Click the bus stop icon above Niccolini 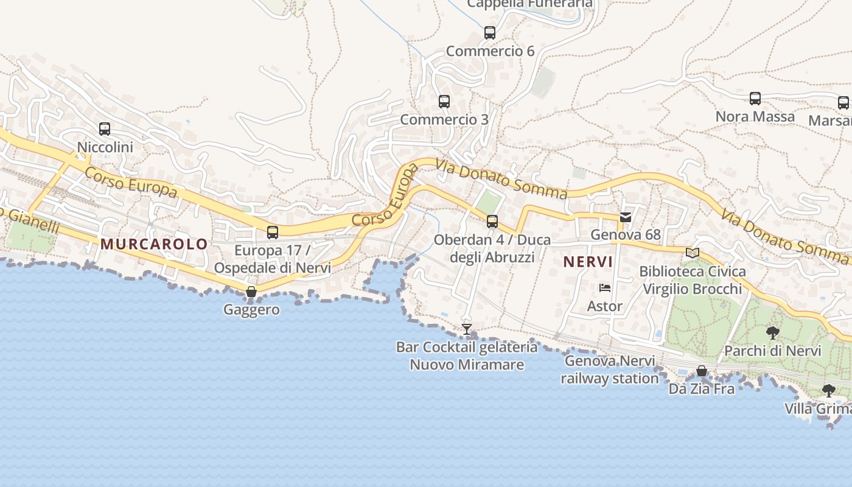click(x=105, y=129)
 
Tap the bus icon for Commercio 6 click(x=490, y=33)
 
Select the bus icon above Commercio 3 click(x=444, y=102)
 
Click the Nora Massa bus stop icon click(x=755, y=99)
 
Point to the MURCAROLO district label click(x=154, y=244)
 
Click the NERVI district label click(x=587, y=262)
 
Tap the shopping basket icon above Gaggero click(x=251, y=292)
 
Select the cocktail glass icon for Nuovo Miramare click(x=467, y=329)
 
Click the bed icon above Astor click(x=605, y=288)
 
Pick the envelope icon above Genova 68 click(x=626, y=217)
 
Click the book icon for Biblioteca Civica click(x=693, y=253)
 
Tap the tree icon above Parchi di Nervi click(x=773, y=333)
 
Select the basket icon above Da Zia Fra click(x=702, y=371)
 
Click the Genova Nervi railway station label click(x=610, y=370)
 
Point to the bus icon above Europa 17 click(x=273, y=232)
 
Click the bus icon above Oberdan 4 click(x=492, y=222)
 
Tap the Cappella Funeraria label click(x=529, y=4)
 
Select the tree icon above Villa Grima click(x=828, y=391)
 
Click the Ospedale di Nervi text click(x=272, y=268)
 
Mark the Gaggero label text click(x=251, y=309)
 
